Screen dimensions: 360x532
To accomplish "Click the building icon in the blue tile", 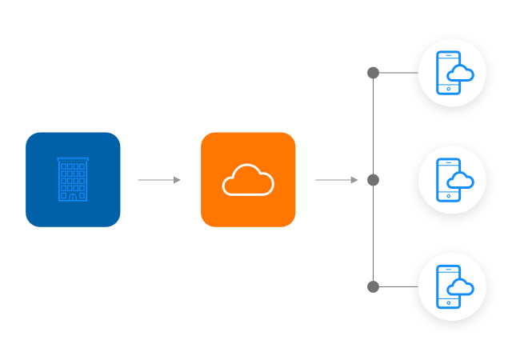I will coord(73,179).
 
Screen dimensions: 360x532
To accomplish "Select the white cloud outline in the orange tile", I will coord(248,180).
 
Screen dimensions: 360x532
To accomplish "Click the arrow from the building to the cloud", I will coord(159,180).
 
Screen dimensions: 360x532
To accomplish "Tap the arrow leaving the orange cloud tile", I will coord(337,180).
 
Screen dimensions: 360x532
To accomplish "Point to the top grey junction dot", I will coord(373,73).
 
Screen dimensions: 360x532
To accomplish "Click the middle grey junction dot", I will coord(373,180).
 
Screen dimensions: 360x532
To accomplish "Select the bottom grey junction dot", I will coord(373,286).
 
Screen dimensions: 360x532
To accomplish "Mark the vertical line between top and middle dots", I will coord(373,126).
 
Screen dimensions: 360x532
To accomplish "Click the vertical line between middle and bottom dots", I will coord(373,234).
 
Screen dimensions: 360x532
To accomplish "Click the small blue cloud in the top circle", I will coord(461,74).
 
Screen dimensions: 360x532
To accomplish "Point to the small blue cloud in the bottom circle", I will coord(461,287).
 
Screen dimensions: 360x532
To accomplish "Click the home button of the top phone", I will coord(449,89).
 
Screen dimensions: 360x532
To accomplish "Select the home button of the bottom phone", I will coord(449,302).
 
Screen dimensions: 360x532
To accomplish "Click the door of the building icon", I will coord(73,196).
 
